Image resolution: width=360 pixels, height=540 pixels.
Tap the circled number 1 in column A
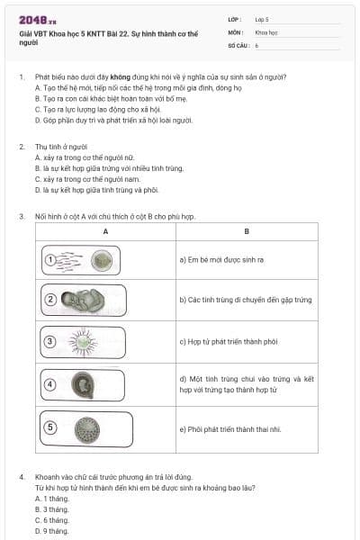tap(51, 259)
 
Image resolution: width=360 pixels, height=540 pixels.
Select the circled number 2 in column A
tap(51, 299)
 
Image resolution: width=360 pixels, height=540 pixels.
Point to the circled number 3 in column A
tap(51, 341)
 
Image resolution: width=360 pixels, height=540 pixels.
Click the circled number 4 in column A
tap(51, 384)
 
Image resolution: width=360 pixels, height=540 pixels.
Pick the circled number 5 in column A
tap(51, 426)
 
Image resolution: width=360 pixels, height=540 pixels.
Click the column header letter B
tap(246, 231)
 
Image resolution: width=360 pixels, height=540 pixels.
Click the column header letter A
tap(105, 231)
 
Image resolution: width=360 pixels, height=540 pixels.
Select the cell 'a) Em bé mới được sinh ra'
tap(221, 260)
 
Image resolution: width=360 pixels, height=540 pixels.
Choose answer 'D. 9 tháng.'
tap(51, 531)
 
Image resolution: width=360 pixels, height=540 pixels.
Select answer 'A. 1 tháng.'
tap(51, 498)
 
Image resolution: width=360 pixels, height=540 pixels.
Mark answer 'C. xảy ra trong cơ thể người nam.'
tap(91, 179)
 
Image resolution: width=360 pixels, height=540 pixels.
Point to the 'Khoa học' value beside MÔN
tap(266, 31)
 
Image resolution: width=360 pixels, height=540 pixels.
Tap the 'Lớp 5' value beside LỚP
tap(262, 18)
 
